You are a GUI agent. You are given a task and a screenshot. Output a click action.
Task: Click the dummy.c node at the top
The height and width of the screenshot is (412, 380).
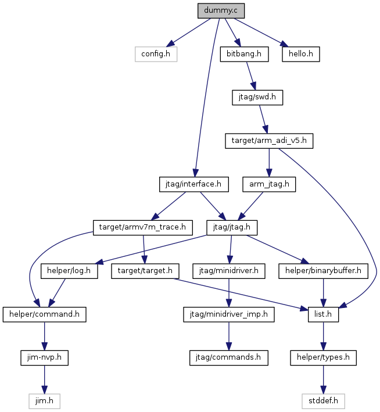click(x=221, y=11)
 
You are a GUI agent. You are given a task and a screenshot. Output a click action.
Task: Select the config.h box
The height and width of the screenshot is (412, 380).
click(x=156, y=54)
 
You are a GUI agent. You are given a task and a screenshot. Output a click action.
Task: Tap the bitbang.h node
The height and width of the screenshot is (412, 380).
click(x=244, y=54)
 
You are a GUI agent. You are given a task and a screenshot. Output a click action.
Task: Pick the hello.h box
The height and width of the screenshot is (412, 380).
click(x=301, y=54)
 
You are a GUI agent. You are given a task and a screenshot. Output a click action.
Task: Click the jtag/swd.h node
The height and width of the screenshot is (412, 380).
click(x=257, y=98)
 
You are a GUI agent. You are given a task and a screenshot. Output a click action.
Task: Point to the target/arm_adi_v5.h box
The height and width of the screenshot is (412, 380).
click(x=269, y=141)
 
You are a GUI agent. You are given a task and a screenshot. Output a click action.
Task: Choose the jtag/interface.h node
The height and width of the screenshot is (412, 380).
click(x=193, y=184)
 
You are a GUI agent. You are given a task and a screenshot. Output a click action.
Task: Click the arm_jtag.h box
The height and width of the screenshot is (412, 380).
click(x=269, y=184)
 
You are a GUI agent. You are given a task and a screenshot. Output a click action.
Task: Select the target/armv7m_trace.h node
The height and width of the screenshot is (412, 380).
click(x=143, y=228)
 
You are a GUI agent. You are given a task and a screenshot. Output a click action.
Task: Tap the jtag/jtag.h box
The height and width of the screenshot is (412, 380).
click(x=232, y=228)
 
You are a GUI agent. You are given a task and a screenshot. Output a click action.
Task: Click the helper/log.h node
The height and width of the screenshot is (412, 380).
click(x=69, y=271)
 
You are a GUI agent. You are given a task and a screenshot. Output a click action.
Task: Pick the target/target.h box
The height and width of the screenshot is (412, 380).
click(x=145, y=271)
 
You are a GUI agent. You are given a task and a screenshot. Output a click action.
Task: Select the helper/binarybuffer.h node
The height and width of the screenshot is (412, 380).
click(x=323, y=271)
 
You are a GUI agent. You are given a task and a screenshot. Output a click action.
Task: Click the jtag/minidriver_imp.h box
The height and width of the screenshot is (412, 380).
click(x=229, y=314)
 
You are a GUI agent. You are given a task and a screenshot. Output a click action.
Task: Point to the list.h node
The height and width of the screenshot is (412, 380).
click(x=323, y=314)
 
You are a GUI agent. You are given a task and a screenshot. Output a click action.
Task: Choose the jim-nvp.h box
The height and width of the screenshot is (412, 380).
click(x=44, y=357)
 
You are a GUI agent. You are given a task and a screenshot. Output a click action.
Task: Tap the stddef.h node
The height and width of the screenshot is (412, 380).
click(x=323, y=401)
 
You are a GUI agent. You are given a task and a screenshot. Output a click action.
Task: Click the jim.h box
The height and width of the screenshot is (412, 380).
click(x=44, y=401)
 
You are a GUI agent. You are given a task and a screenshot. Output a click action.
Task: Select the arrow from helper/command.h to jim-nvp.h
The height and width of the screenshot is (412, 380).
click(x=44, y=336)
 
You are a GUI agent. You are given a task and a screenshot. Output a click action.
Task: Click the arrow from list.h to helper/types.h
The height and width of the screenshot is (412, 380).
click(x=323, y=336)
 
